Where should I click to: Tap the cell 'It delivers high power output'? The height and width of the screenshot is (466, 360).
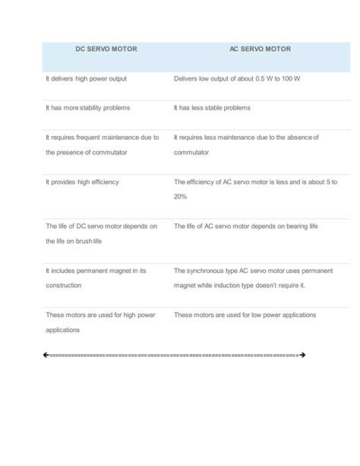tap(86, 78)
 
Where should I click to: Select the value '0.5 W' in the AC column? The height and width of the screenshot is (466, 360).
tap(262, 78)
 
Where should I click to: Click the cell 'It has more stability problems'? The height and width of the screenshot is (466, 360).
tap(88, 108)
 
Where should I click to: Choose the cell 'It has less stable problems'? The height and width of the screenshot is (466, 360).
tap(212, 108)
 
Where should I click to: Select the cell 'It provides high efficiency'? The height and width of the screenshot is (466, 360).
tap(83, 182)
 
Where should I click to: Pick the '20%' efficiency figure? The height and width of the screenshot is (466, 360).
tap(181, 196)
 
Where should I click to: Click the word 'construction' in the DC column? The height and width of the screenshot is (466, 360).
tap(66, 284)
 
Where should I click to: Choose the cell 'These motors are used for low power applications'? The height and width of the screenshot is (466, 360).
tap(245, 314)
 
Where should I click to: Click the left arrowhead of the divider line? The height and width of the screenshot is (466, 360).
tap(46, 355)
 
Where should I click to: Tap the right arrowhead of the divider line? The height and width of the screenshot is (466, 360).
tap(302, 355)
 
